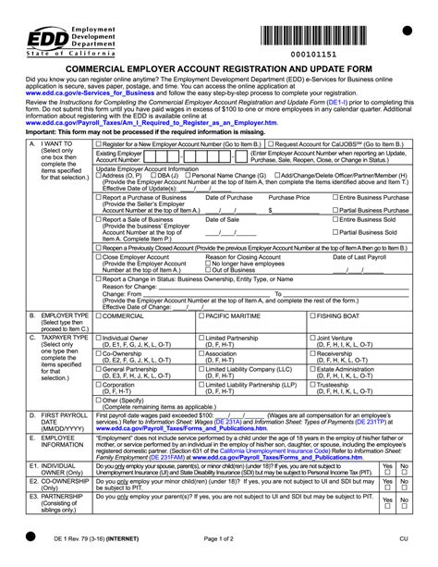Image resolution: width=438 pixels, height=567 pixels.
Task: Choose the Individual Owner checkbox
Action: (x=98, y=339)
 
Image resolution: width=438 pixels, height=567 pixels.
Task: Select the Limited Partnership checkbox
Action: (x=202, y=339)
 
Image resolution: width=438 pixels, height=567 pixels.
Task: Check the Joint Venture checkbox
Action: (x=311, y=339)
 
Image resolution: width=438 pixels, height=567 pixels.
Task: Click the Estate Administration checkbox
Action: (x=311, y=368)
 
